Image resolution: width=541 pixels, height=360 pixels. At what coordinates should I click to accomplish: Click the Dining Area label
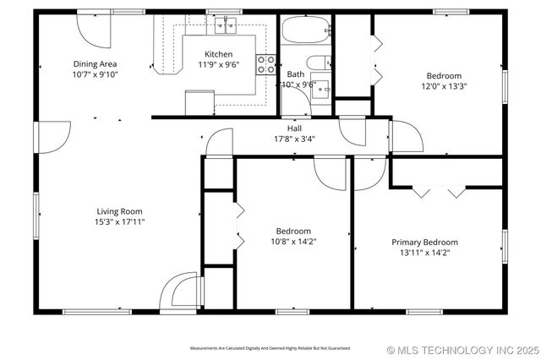point(95,63)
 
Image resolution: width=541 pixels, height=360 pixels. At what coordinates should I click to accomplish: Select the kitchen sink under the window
point(225,26)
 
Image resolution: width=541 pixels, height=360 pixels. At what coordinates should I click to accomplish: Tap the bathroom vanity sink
point(322,90)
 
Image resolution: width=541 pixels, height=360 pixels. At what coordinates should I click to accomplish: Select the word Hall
point(293,128)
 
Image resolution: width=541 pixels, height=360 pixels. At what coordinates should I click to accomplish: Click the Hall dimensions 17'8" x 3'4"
point(293,139)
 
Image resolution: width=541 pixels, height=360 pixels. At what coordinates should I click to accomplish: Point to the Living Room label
point(119,211)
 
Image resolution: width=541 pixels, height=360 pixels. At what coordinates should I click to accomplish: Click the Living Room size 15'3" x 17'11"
point(119,222)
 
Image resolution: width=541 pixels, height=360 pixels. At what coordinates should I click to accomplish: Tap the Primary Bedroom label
point(424,242)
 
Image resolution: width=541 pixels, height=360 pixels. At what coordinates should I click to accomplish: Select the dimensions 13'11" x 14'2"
point(424,252)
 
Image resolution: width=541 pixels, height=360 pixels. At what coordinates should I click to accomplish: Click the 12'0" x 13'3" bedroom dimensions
point(445,85)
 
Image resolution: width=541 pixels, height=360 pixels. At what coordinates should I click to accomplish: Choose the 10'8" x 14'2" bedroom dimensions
point(293,241)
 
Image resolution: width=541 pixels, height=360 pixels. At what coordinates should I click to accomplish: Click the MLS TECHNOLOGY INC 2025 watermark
point(462,349)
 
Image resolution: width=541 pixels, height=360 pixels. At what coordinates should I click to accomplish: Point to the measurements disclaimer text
point(270,348)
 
